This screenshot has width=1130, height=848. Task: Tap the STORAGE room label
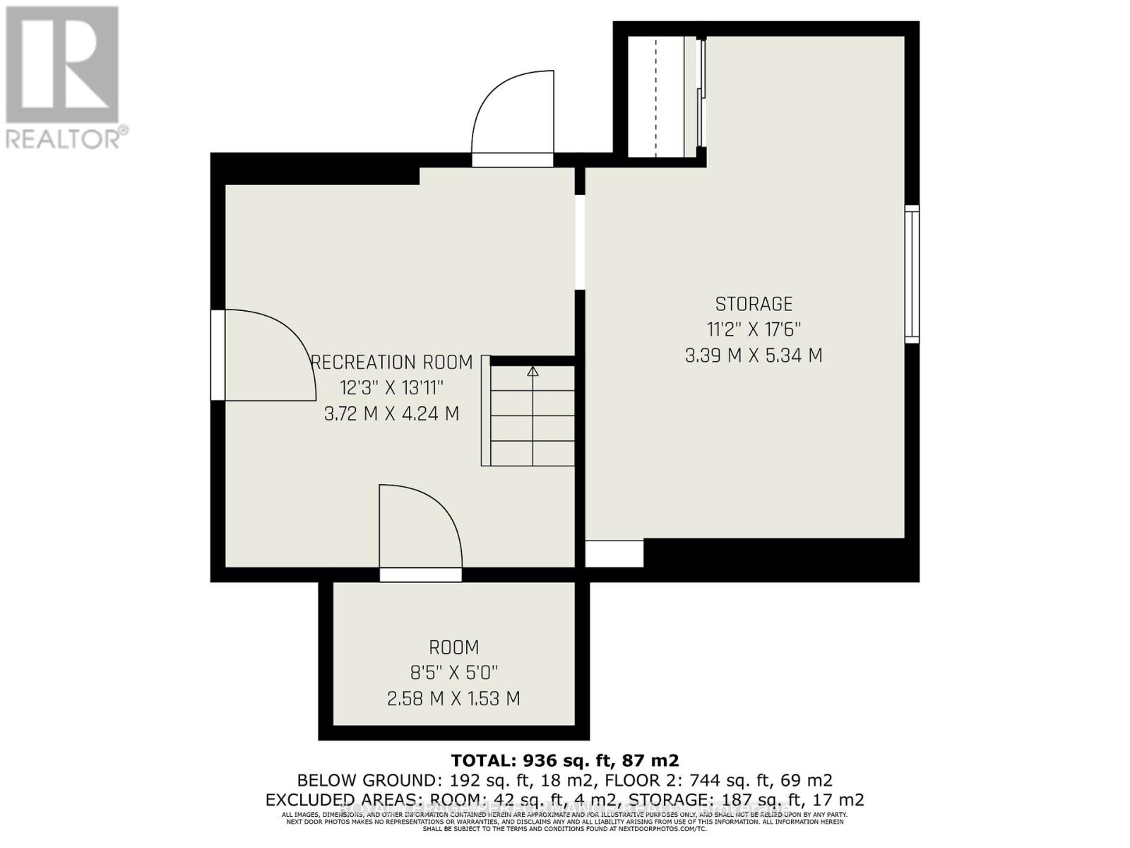click(754, 305)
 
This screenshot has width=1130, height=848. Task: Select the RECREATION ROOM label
click(393, 363)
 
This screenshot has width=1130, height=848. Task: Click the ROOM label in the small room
click(453, 647)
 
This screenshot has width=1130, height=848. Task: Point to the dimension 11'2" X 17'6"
click(754, 330)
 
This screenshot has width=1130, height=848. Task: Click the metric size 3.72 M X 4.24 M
click(391, 414)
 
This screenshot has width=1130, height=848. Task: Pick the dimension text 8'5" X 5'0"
click(453, 673)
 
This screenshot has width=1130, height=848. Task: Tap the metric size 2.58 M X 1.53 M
click(453, 699)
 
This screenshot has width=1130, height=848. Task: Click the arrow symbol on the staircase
click(533, 371)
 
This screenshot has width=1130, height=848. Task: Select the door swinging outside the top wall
click(513, 117)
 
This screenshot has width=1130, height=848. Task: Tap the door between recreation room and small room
click(420, 530)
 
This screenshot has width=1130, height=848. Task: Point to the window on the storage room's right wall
click(912, 274)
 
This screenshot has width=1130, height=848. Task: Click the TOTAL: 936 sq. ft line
click(565, 760)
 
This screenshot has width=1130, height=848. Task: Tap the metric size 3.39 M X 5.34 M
click(754, 355)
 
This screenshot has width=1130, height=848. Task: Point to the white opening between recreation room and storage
click(580, 242)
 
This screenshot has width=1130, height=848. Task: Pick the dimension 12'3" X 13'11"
click(391, 388)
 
